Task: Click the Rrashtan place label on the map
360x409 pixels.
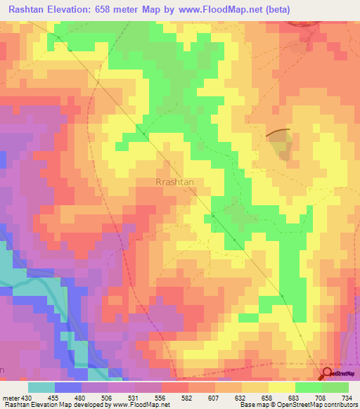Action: coord(174,181)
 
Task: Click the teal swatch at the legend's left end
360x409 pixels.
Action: coord(41,387)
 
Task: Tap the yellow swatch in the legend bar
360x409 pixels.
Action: coord(282,387)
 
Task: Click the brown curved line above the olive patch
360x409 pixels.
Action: coord(278,131)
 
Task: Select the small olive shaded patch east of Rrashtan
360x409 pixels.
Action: coord(281,145)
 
